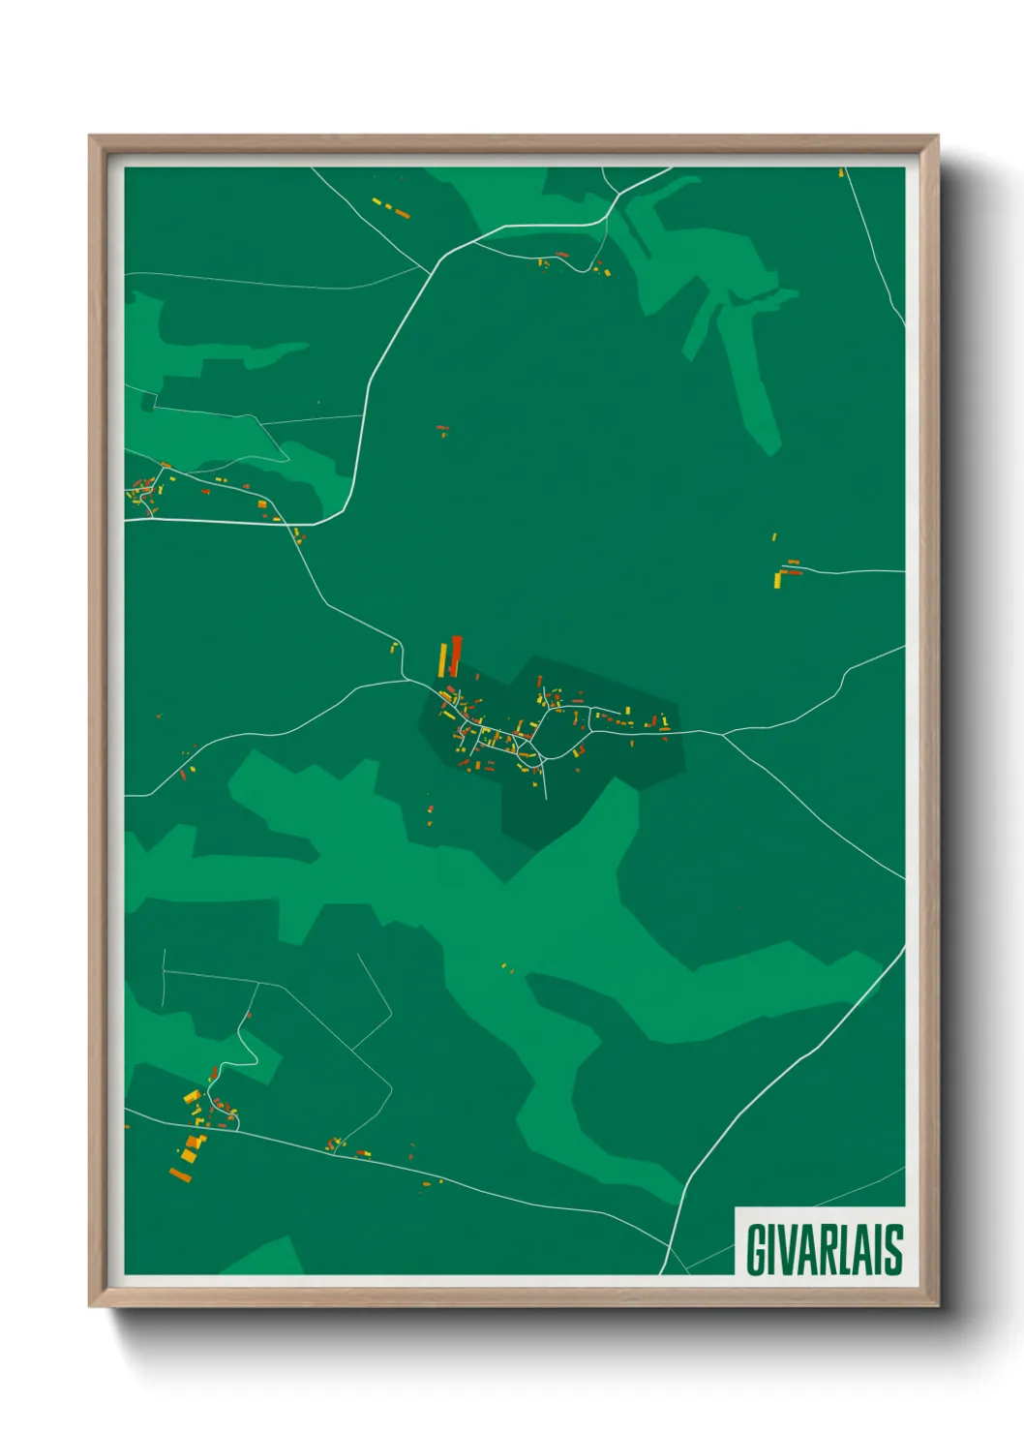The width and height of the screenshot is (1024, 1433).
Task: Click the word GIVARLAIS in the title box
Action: pos(824,1249)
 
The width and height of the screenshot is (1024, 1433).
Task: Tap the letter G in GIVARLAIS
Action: pos(756,1249)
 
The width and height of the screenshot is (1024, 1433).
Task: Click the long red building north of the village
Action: pos(455,656)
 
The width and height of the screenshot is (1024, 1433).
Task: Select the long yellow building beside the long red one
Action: pos(443,659)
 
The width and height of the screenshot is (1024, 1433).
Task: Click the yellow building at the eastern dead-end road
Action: pos(778,579)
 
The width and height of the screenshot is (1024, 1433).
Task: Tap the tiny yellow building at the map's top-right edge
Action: pos(841,172)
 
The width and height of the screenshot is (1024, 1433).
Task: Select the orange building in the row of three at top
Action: pos(403,214)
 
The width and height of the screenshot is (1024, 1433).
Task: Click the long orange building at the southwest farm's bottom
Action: pos(180,1175)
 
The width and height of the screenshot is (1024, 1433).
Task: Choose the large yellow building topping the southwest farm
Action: pos(192,1097)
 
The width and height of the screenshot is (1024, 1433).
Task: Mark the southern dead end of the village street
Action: pos(547,799)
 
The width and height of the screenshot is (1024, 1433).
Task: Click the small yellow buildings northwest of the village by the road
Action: pos(394,647)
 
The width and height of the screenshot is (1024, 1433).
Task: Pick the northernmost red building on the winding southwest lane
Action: pos(249,1015)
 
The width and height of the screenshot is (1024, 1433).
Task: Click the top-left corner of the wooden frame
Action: pos(90,136)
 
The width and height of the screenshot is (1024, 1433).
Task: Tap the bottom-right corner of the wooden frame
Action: pos(938,1306)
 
